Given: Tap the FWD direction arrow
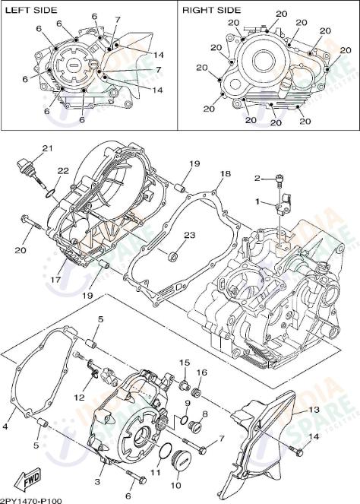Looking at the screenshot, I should point(31,479).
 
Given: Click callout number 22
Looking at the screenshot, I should point(64,171).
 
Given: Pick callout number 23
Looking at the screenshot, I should point(189,235).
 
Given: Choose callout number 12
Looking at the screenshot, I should point(79,398).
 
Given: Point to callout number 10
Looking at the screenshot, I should point(175,485).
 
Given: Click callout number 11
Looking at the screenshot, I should point(156,473).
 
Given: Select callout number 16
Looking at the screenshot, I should point(202,372).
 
